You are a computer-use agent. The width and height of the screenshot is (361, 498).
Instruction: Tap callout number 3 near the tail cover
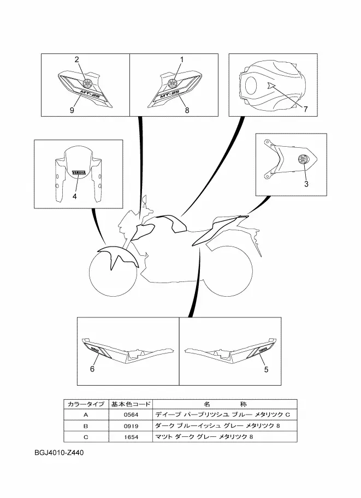click(306, 184)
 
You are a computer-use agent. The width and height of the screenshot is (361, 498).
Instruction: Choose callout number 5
click(266, 370)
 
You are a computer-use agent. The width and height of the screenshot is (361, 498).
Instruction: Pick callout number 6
click(92, 370)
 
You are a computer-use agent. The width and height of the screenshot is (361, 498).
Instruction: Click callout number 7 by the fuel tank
click(305, 109)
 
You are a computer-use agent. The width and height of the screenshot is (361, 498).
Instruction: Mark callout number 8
click(186, 110)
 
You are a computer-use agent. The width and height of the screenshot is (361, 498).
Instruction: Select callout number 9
click(72, 110)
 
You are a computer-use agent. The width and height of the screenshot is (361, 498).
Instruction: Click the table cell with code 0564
click(131, 415)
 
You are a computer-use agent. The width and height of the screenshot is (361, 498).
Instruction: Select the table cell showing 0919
click(131, 426)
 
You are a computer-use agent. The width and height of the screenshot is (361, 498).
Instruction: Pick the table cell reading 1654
click(131, 437)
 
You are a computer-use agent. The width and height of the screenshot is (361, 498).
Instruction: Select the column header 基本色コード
click(131, 404)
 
